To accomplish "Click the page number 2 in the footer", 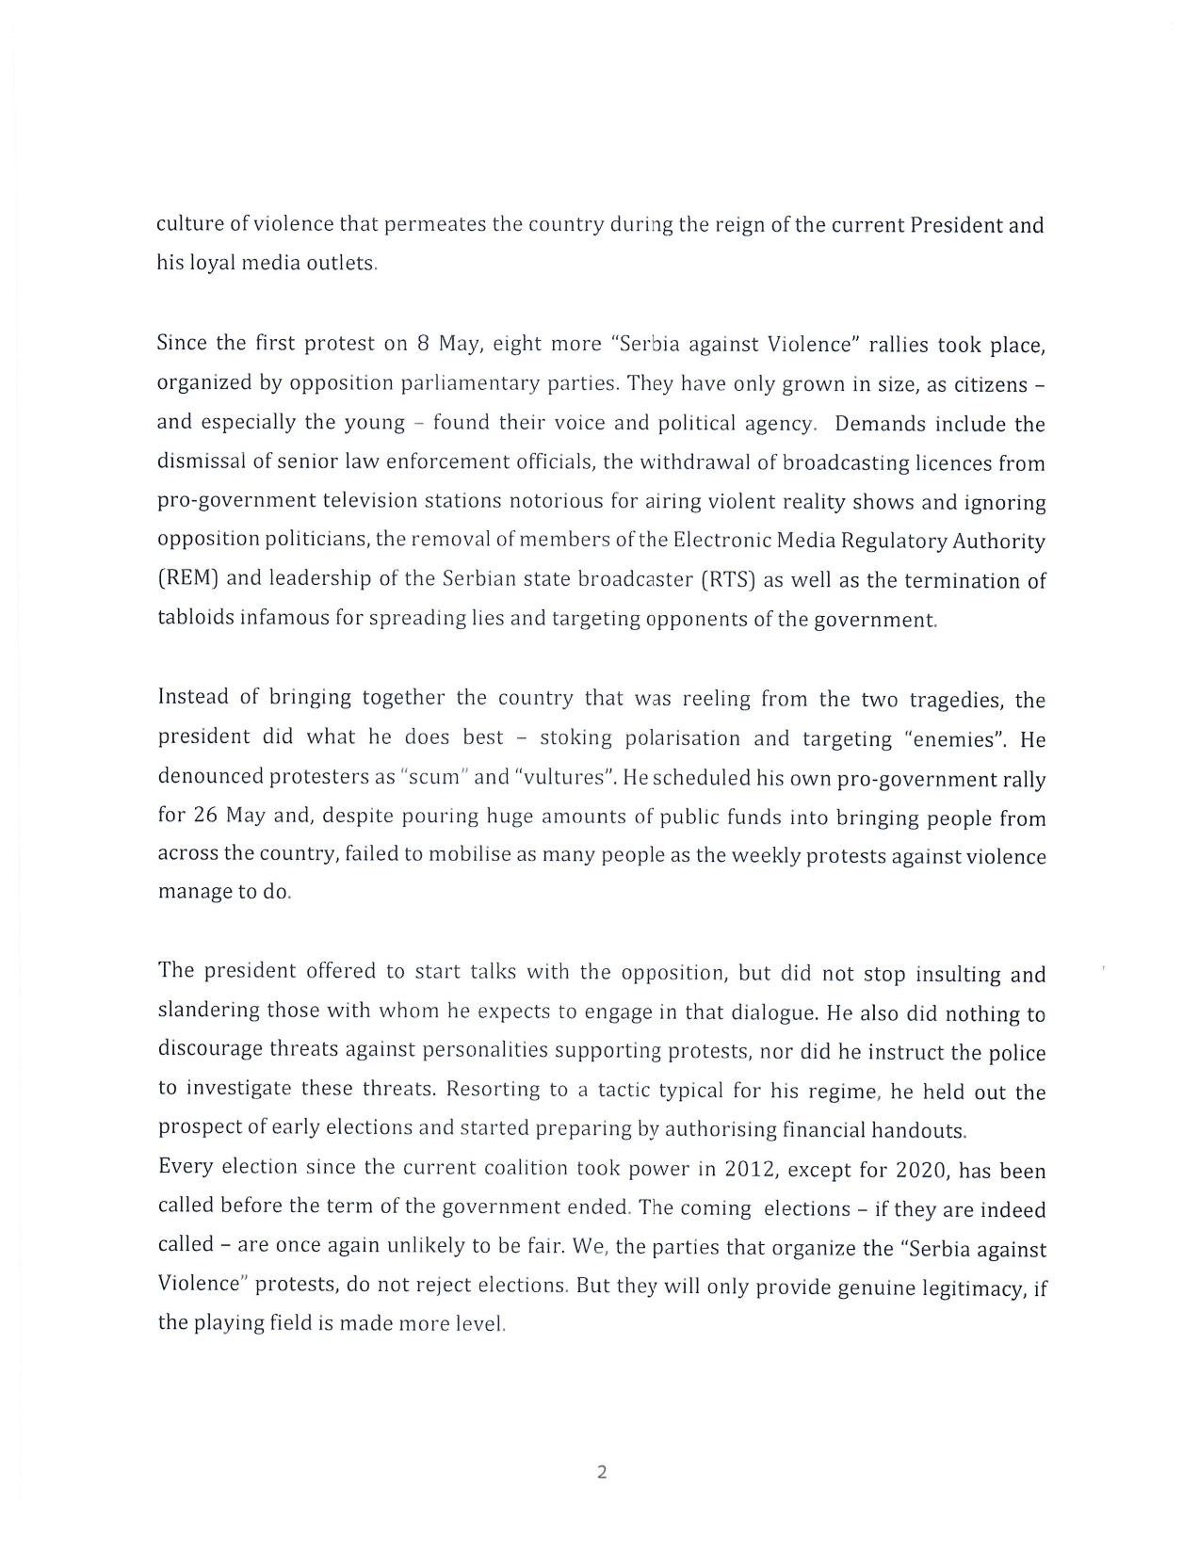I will (x=602, y=1472).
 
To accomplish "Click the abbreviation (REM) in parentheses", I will (x=188, y=578).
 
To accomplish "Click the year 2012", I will (x=750, y=1170).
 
